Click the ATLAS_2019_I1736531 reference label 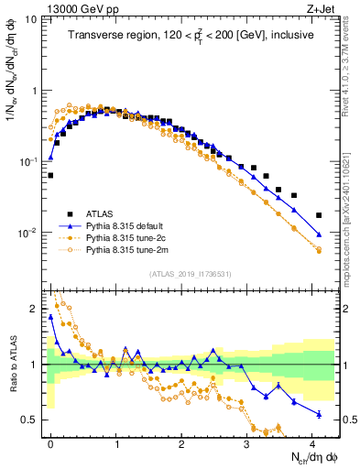coord(191,274)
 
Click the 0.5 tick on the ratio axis coord(32,420)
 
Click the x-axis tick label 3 coord(246,442)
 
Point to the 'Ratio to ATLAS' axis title coord(12,366)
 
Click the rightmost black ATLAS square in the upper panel coord(319,215)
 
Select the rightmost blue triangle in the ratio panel coord(319,414)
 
